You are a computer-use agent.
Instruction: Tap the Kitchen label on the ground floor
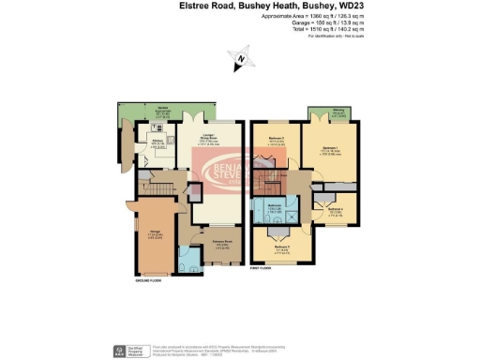pos(157,141)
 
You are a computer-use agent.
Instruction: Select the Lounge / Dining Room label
pos(211,140)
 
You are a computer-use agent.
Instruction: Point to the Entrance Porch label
pos(221,242)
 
